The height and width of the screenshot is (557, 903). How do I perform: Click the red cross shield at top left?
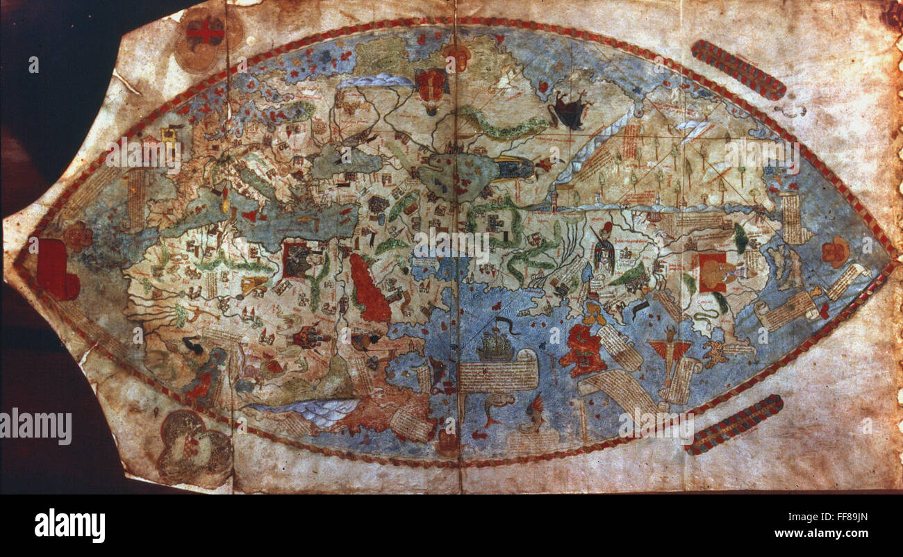tap(205, 31)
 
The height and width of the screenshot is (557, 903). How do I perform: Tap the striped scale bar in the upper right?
tap(738, 69)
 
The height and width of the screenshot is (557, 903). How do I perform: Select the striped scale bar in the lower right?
tap(734, 424)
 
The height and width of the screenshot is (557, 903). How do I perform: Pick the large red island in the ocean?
tap(583, 350)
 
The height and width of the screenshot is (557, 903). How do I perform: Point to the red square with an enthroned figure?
tap(713, 272)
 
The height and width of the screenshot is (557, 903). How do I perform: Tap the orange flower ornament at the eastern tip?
tap(836, 251)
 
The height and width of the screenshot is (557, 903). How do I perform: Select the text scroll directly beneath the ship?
tap(498, 375)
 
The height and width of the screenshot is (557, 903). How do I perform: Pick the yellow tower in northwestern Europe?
tap(168, 135)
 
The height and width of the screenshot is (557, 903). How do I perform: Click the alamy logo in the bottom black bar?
tap(69, 525)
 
